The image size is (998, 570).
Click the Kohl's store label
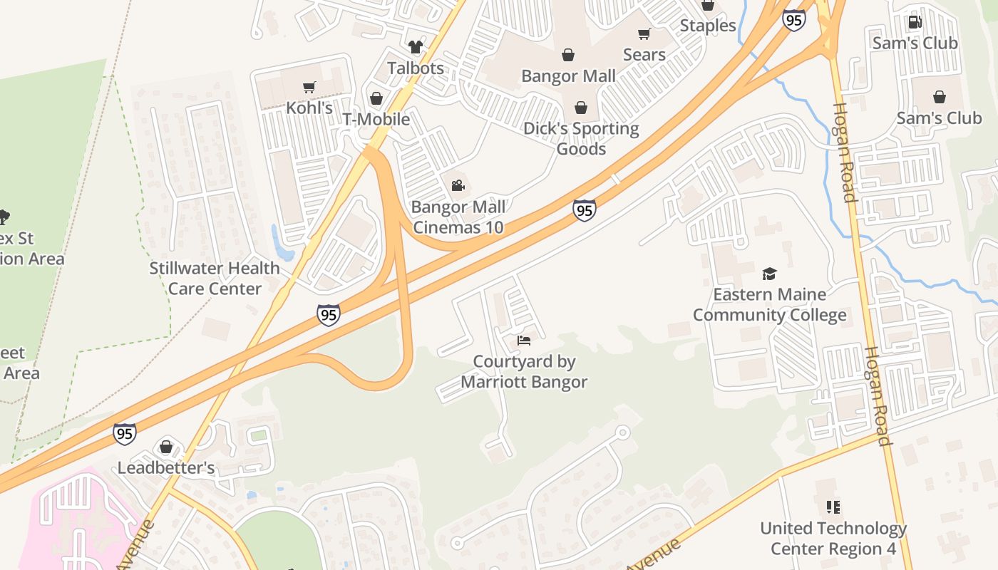tap(309, 108)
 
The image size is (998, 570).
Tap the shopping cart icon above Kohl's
tap(309, 88)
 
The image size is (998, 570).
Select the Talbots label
tap(416, 68)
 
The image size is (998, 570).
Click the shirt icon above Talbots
tap(416, 48)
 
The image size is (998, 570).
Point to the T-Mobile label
tap(376, 119)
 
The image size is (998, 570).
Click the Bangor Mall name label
tap(568, 76)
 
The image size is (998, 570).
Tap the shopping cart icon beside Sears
tap(644, 34)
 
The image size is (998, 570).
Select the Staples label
tap(707, 26)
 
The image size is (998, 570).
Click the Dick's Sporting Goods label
tap(581, 138)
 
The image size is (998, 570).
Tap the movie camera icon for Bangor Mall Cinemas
tap(458, 186)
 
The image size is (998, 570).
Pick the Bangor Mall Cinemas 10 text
tap(458, 217)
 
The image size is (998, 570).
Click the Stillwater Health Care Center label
tap(215, 278)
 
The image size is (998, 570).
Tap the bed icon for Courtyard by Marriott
tap(524, 341)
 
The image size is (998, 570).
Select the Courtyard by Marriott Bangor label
tap(524, 371)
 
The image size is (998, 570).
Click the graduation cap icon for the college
tap(769, 274)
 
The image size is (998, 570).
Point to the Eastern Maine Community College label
tap(770, 304)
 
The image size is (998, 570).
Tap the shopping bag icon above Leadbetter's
tap(166, 447)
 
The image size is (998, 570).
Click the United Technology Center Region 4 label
tap(833, 538)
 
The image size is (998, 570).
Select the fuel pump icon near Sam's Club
tap(915, 22)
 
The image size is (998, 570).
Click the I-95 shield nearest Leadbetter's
tap(125, 433)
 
